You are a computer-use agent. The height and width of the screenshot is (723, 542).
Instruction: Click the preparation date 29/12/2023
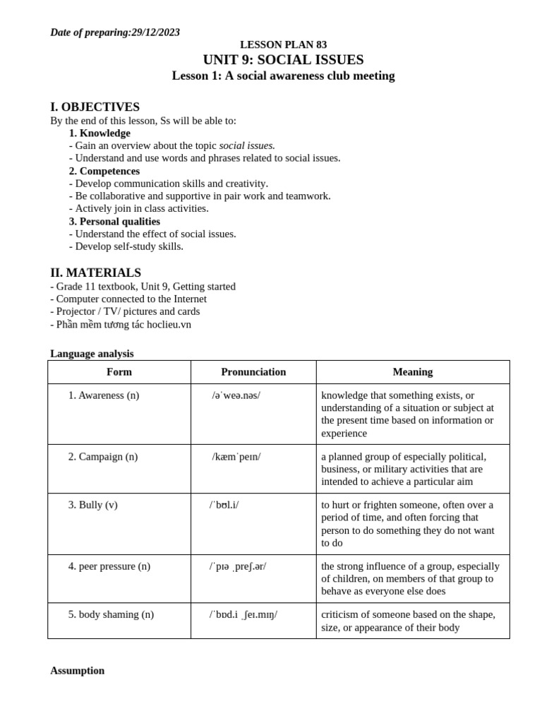click(x=155, y=32)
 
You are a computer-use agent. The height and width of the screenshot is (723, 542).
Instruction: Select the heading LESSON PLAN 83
click(x=283, y=45)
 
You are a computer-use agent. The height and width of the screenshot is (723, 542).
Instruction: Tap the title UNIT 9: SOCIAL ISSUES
click(x=283, y=60)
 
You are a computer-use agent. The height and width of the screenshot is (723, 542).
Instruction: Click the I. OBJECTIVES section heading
click(x=95, y=107)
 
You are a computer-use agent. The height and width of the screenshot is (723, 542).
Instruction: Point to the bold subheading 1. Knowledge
click(x=100, y=133)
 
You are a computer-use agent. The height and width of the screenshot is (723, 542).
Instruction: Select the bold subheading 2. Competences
click(x=104, y=171)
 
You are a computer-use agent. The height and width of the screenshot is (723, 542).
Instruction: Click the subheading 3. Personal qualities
click(x=114, y=222)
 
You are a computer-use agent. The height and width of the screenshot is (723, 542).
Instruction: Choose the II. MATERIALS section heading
click(x=95, y=273)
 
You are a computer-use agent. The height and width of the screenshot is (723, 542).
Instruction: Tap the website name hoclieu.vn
click(x=168, y=325)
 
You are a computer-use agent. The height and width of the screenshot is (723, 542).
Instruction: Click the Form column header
click(x=119, y=372)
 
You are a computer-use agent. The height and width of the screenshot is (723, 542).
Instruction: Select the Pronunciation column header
click(x=253, y=372)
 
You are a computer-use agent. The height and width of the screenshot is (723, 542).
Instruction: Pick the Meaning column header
click(x=413, y=372)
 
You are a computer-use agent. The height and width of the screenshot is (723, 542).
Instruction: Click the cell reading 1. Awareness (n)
click(x=104, y=395)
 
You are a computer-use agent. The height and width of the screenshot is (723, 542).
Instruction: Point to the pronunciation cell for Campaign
click(x=236, y=457)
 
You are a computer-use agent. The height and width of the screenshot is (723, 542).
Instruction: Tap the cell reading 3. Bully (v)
click(x=93, y=505)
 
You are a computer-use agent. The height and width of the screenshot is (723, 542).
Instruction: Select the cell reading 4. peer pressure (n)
click(x=109, y=566)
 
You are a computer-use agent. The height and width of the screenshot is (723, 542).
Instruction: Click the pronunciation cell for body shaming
click(x=243, y=615)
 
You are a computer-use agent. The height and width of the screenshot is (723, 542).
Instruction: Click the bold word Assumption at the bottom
click(x=77, y=671)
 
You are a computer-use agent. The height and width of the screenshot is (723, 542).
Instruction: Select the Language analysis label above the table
click(x=92, y=354)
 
